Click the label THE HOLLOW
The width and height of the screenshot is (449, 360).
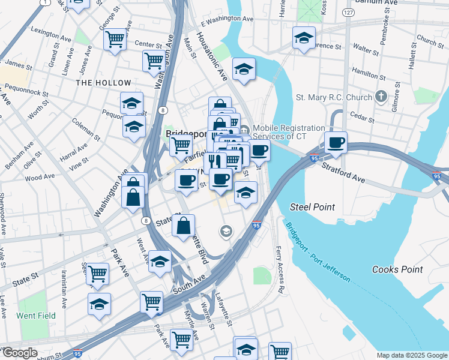coord(103,83)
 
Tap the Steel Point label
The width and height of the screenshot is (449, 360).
coord(312,207)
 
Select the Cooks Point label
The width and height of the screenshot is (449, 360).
coord(396,270)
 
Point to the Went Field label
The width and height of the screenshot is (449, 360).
coord(36,316)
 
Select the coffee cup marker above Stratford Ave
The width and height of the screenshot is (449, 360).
coord(336,143)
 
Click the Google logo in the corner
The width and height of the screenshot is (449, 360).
coord(19,353)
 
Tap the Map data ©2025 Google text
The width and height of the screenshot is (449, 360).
coord(412,355)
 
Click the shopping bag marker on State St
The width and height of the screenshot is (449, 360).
coord(183,226)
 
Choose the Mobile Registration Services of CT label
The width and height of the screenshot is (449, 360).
coord(288,133)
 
